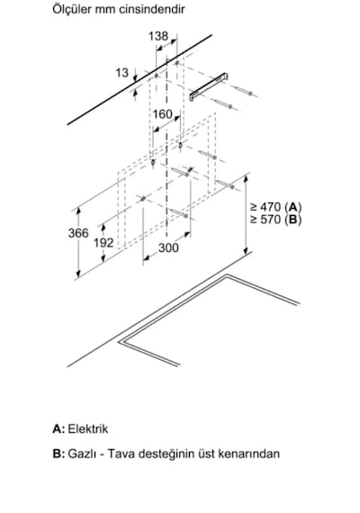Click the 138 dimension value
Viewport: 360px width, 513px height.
pyautogui.click(x=158, y=36)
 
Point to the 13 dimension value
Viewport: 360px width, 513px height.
pyautogui.click(x=121, y=73)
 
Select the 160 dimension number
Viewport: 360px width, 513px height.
pyautogui.click(x=162, y=114)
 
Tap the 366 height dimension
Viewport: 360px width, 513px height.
pyautogui.click(x=78, y=233)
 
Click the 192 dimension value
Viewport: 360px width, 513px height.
pyautogui.click(x=103, y=243)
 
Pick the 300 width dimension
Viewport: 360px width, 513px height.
pyautogui.click(x=168, y=248)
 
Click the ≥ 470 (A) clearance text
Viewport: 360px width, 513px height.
pyautogui.click(x=275, y=207)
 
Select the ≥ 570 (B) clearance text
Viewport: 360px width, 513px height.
pyautogui.click(x=275, y=220)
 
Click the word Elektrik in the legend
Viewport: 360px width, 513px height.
pyautogui.click(x=87, y=429)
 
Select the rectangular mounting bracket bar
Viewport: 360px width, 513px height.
pyautogui.click(x=209, y=86)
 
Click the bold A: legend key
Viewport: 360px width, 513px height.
pyautogui.click(x=58, y=429)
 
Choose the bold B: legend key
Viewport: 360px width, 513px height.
pyautogui.click(x=58, y=454)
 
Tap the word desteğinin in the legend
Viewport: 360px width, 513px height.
pyautogui.click(x=166, y=454)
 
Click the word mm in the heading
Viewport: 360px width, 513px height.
pyautogui.click(x=105, y=10)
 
